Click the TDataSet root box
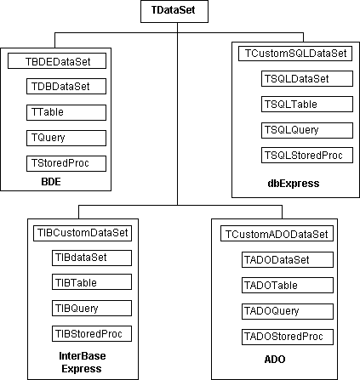point(174,11)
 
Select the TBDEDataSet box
point(57,61)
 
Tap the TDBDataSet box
point(66,87)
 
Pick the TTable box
point(66,112)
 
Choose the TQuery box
point(66,138)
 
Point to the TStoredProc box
point(66,163)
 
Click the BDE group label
point(51,182)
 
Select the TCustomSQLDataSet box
point(295,54)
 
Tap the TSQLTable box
point(307,104)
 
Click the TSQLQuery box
point(307,130)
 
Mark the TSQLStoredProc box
point(307,155)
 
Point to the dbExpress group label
point(294,184)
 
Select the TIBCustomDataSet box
point(83,233)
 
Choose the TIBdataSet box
point(92,258)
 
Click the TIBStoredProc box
point(92,334)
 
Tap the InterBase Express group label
point(83,362)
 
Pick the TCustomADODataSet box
point(277,234)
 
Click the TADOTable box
point(288,285)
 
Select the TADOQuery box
point(288,311)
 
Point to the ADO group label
point(275,360)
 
